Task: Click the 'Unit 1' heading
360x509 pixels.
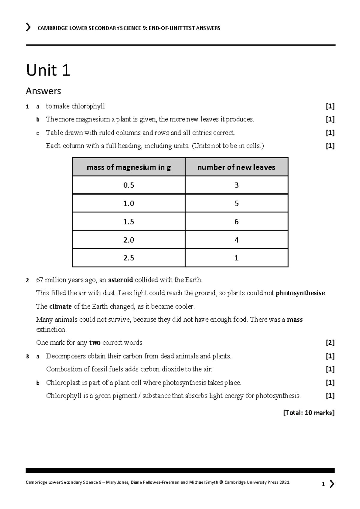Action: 48,70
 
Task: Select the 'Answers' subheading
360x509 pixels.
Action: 43,91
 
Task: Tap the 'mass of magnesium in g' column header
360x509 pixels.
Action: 129,167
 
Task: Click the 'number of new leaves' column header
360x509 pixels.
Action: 236,167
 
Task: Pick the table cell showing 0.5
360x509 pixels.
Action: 129,185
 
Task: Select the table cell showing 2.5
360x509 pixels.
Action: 129,258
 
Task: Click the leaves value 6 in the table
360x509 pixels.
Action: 236,222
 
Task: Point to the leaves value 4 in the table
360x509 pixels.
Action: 236,240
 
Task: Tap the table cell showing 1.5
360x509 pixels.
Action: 129,222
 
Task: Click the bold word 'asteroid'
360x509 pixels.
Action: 120,280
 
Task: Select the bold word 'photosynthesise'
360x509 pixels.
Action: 300,293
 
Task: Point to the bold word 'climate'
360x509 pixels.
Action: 60,306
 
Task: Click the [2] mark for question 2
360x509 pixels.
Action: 330,343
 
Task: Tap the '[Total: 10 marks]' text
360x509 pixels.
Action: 309,413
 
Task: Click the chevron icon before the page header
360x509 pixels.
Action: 28,28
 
